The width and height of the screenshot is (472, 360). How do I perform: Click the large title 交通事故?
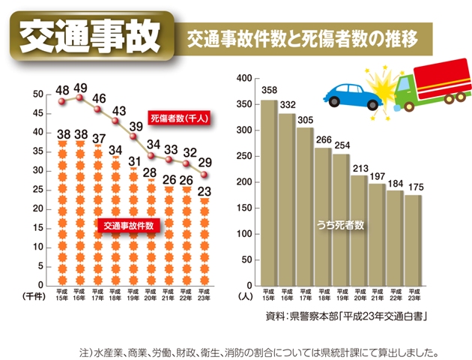tap(88, 36)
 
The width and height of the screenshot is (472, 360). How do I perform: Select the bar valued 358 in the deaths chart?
tap(269, 192)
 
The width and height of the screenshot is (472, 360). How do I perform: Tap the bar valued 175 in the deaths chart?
tap(414, 240)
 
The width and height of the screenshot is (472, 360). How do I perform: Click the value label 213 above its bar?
tap(359, 168)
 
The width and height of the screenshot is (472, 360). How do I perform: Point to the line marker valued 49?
tap(80, 97)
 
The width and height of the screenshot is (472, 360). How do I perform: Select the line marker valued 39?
tap(134, 136)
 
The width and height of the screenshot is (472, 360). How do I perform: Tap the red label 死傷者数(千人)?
tap(178, 118)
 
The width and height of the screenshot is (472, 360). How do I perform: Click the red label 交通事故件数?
tap(129, 224)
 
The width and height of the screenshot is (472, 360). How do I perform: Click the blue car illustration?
tap(350, 94)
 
